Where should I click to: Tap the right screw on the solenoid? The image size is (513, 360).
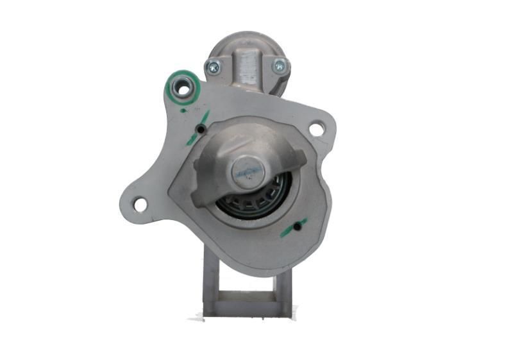280,65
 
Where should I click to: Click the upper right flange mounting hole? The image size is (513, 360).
316,129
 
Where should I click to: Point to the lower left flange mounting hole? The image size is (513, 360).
140,205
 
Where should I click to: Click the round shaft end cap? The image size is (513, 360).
248,171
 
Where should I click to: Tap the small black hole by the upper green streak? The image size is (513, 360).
201,129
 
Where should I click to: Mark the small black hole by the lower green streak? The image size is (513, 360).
298,227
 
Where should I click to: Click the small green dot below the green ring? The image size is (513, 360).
184,110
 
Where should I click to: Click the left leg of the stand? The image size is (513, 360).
210,282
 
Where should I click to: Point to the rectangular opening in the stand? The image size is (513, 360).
247,286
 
